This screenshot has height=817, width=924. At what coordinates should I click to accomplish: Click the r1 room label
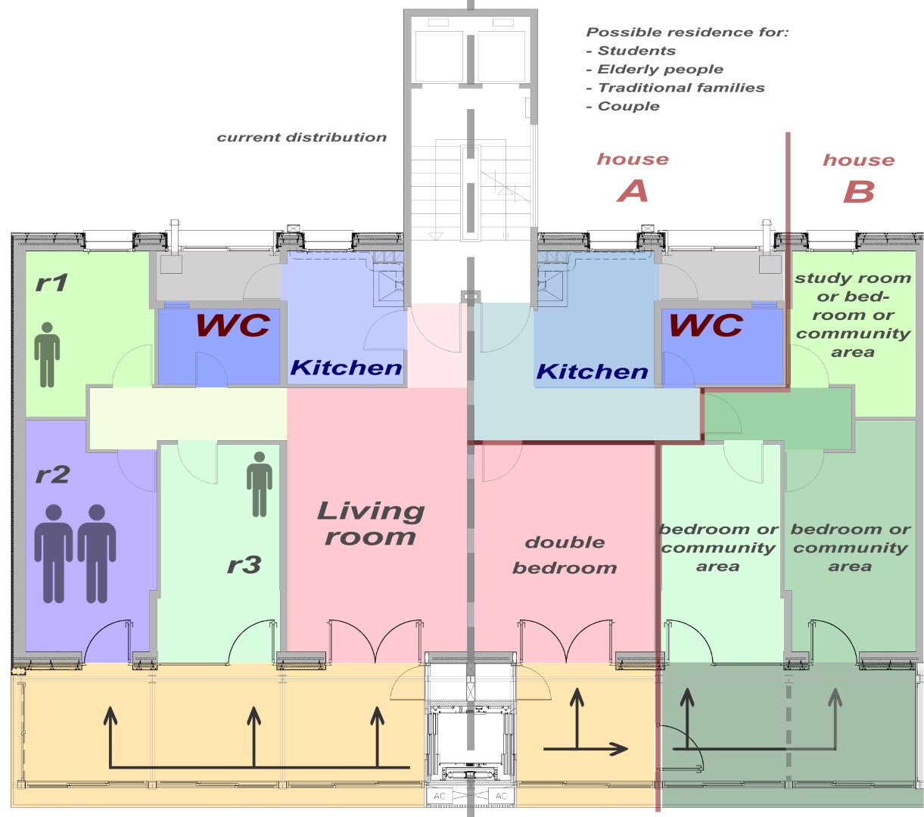coord(51,283)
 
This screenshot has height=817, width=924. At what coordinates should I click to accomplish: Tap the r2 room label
coord(52,474)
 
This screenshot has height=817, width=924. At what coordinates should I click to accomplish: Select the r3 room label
coord(244,565)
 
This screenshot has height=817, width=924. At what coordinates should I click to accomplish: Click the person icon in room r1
coord(47,355)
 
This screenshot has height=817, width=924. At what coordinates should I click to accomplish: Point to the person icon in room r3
coord(260,484)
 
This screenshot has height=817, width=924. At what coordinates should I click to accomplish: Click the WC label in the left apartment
coord(233,325)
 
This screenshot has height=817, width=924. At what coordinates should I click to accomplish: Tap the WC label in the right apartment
coord(706,325)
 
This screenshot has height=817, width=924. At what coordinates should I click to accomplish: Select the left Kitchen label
coord(346,368)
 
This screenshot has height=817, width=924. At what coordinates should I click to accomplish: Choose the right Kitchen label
coord(592,371)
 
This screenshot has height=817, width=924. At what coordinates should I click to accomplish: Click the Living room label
coord(370,523)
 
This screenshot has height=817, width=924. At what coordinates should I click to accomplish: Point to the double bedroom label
coord(565,555)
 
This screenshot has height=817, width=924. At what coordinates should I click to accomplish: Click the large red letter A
coord(633,191)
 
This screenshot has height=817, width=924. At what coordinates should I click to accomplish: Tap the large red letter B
coord(858,191)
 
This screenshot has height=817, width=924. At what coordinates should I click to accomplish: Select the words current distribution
coord(301,137)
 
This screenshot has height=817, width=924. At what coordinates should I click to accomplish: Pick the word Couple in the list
coord(628,106)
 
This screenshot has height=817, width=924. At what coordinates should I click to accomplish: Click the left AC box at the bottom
coord(440,796)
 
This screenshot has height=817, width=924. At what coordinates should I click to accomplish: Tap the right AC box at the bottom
coord(501,796)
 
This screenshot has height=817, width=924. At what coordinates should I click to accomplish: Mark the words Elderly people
coord(661,70)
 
